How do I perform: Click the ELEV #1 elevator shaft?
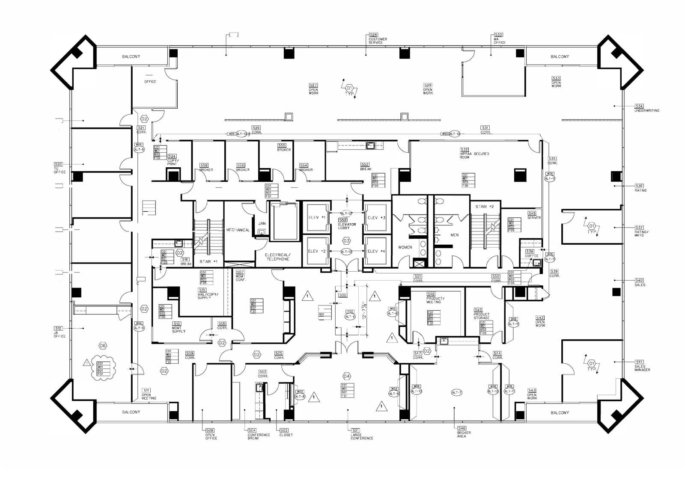tap(317, 218)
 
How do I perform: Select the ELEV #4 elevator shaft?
tap(376, 251)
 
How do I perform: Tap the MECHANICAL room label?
tap(238, 230)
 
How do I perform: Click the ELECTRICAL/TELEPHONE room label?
tap(278, 257)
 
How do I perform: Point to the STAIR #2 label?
tap(484, 207)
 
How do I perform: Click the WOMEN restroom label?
tap(405, 247)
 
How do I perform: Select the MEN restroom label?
tap(454, 235)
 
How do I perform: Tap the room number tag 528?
tap(373, 35)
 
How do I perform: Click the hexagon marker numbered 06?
tap(103, 345)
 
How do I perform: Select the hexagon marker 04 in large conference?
tap(347, 376)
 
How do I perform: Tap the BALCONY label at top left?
tap(131, 56)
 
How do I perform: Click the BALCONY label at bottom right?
tap(560, 413)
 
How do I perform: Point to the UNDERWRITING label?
tap(646, 110)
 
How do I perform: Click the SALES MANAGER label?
tap(642, 368)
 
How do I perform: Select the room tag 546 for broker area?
tap(462, 428)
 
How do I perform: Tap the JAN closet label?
tap(262, 223)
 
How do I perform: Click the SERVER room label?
tap(534, 218)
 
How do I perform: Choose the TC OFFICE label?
tap(60, 170)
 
